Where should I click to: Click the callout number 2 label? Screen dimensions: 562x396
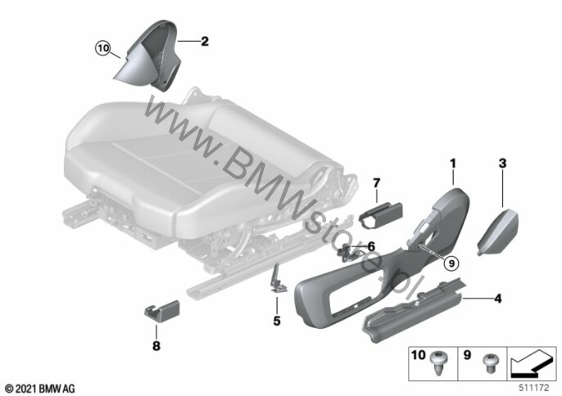tap(205, 41)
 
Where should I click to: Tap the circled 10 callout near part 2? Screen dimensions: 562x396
tap(103, 48)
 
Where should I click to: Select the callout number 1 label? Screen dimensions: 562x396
tap(453, 164)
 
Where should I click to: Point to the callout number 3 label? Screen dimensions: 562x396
tap(502, 164)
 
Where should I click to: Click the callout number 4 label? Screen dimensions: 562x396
tap(498, 299)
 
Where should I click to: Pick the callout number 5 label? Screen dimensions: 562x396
tap(277, 321)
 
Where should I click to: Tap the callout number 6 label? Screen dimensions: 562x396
tap(371, 246)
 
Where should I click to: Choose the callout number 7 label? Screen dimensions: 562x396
tap(376, 183)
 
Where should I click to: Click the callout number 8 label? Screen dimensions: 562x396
tap(156, 346)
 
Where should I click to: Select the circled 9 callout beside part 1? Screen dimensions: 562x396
tap(451, 263)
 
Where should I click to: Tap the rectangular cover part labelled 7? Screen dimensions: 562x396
tap(380, 215)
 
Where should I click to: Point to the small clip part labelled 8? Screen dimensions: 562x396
tap(162, 310)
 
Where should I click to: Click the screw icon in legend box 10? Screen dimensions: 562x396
tap(438, 363)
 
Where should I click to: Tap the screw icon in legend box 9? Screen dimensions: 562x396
tap(489, 362)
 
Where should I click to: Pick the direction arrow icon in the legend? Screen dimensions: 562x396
tap(531, 363)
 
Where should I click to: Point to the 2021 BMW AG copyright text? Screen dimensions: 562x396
tap(40, 389)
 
